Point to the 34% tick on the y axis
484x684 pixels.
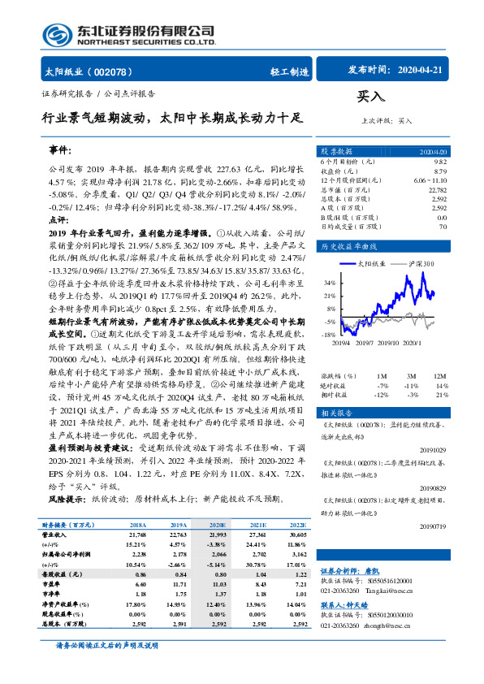tap(330, 283)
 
